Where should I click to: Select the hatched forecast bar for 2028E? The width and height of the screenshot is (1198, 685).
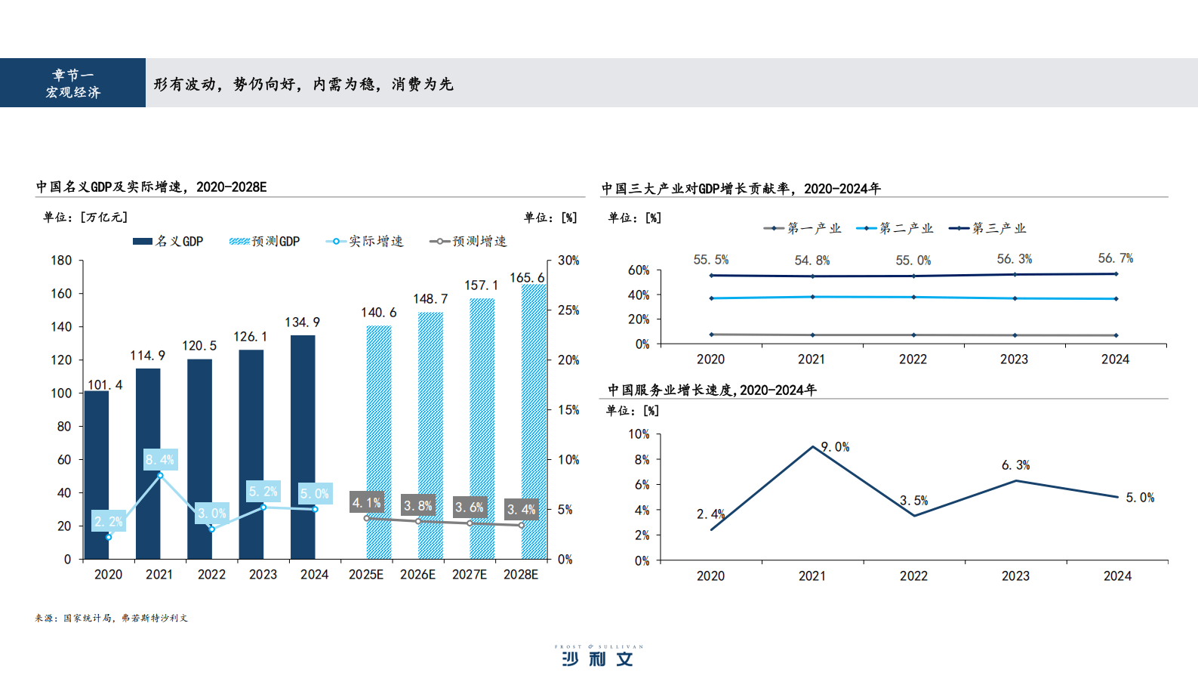pyautogui.click(x=533, y=423)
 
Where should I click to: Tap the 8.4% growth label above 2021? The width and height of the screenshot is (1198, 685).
pyautogui.click(x=160, y=459)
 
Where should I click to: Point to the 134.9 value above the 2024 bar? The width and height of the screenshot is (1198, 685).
pyautogui.click(x=302, y=322)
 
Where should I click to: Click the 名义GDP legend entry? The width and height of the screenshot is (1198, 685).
pyautogui.click(x=168, y=242)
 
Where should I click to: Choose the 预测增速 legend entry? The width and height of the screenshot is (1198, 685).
pyautogui.click(x=468, y=242)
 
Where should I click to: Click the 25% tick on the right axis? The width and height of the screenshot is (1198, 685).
pyautogui.click(x=568, y=310)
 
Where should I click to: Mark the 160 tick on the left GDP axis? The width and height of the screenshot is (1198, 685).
pyautogui.click(x=61, y=294)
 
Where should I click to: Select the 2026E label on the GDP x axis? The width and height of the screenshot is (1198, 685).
pyautogui.click(x=417, y=575)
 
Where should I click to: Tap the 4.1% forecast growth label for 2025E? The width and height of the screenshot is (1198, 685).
pyautogui.click(x=367, y=502)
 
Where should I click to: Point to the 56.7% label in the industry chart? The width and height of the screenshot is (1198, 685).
pyautogui.click(x=1115, y=258)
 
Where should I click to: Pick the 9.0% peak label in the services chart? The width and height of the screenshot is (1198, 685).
pyautogui.click(x=835, y=447)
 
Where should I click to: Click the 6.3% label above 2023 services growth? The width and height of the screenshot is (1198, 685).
pyautogui.click(x=1015, y=465)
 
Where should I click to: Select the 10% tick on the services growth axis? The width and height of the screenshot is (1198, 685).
pyautogui.click(x=639, y=434)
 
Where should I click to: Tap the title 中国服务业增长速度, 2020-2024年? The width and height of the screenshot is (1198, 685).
pyautogui.click(x=712, y=390)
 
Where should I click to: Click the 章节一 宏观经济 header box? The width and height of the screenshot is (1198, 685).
pyautogui.click(x=72, y=83)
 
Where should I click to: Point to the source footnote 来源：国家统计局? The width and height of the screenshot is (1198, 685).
pyautogui.click(x=111, y=618)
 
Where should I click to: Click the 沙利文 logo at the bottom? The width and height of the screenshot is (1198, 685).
pyautogui.click(x=598, y=657)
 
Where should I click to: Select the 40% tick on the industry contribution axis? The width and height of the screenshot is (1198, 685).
pyautogui.click(x=639, y=295)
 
